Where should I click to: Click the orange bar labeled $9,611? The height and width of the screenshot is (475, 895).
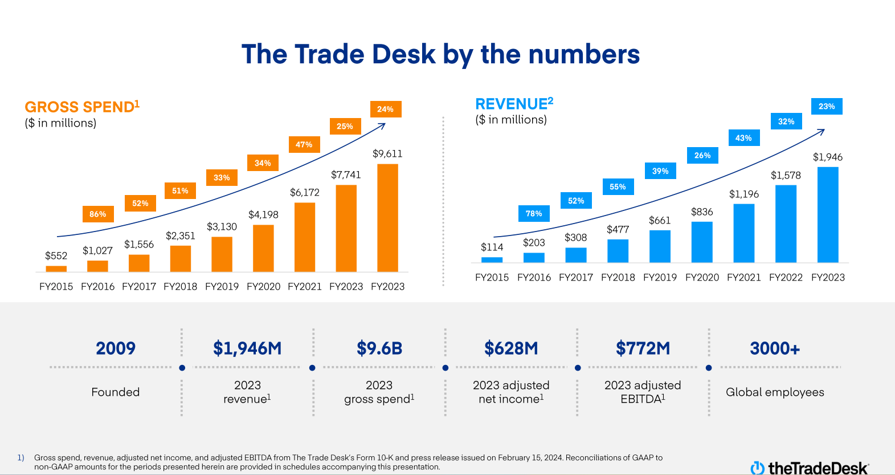387,218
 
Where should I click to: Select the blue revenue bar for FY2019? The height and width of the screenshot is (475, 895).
660,246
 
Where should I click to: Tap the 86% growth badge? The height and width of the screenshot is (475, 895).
98,214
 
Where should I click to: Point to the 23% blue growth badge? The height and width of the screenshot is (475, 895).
827,107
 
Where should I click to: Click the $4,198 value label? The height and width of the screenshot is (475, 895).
263,215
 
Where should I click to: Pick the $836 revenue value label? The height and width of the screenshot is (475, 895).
702,212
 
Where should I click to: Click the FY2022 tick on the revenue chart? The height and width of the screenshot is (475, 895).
786,278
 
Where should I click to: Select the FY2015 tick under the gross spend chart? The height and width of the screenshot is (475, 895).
56,287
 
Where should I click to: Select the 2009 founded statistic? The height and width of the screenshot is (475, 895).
116,348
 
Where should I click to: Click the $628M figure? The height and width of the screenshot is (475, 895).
511,348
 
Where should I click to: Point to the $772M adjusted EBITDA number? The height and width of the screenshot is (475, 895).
643,348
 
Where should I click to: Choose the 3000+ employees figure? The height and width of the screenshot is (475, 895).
775,348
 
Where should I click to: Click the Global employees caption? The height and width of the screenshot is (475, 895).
775,392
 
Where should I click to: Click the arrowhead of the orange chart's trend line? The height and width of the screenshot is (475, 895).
383,125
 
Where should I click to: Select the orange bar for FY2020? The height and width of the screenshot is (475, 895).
263,249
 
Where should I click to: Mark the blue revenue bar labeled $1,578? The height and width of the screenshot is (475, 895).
786,224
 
